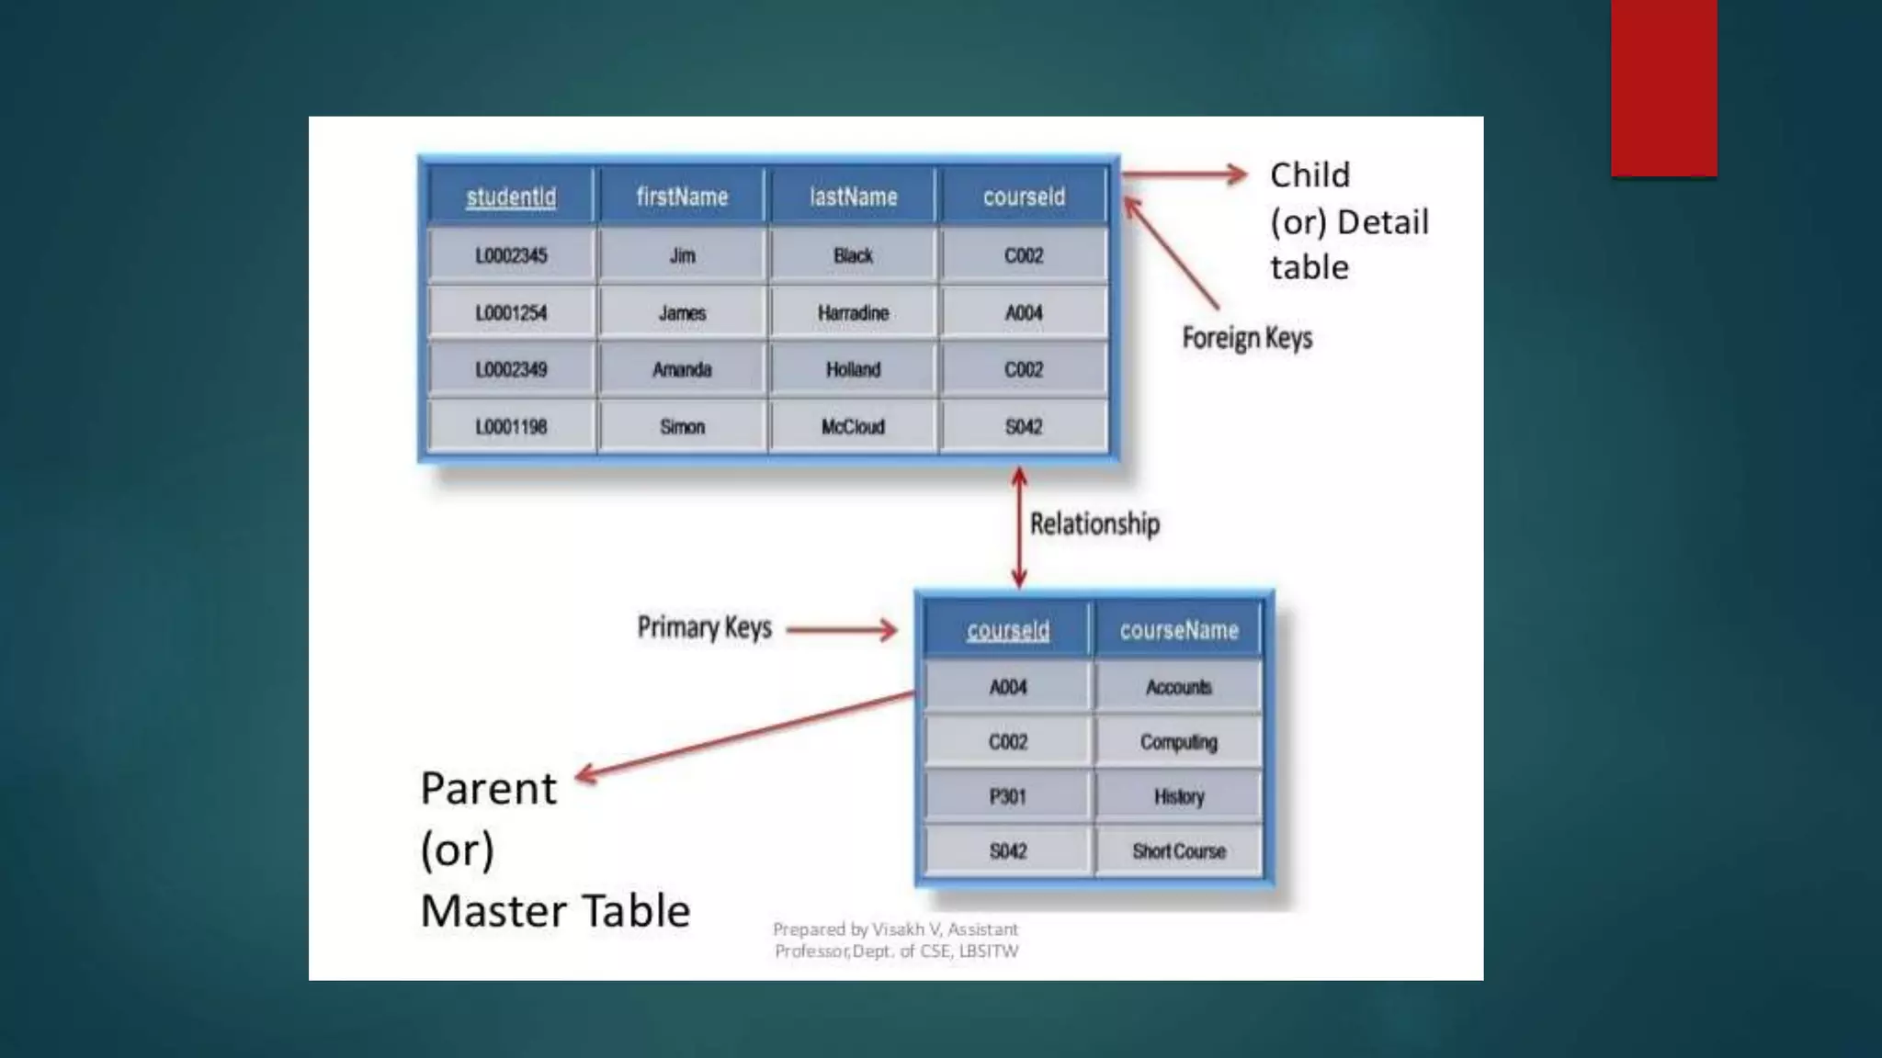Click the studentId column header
coord(511,197)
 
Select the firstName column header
coord(682,197)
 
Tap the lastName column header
coord(853,197)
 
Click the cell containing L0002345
coord(511,255)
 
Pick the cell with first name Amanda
coord(682,369)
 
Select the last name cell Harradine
coord(853,313)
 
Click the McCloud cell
coord(853,426)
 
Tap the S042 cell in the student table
coord(1024,426)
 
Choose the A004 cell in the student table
coord(1024,313)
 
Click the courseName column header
coord(1179,630)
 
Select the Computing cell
coord(1179,742)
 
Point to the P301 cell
coord(1008,796)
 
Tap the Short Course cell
coord(1179,851)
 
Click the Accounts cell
coord(1179,687)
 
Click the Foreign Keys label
coord(1247,338)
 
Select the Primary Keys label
coord(704,628)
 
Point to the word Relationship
coord(1094,523)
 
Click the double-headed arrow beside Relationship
coord(1019,528)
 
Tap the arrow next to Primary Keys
coord(842,630)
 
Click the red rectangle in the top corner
coord(1663,88)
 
